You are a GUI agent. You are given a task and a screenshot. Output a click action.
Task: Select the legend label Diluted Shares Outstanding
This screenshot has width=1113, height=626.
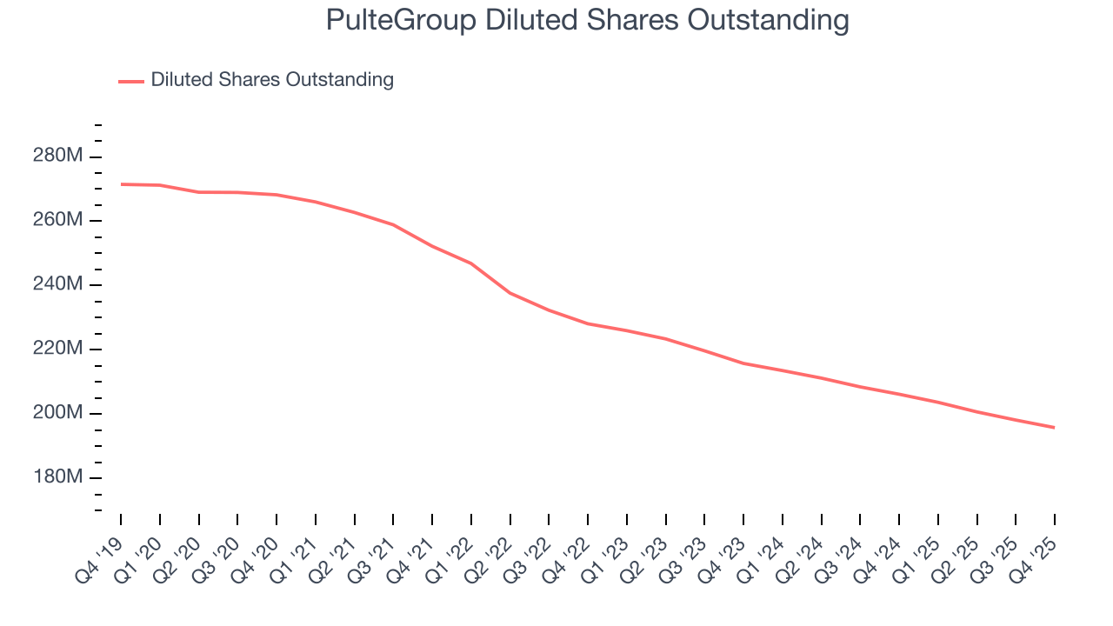(x=272, y=80)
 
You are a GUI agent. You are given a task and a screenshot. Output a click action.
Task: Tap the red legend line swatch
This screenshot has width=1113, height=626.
(x=131, y=81)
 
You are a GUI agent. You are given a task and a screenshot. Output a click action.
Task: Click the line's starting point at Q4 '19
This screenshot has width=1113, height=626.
(x=121, y=184)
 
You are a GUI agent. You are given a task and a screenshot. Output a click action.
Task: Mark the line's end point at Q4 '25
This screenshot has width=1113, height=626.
(x=1055, y=428)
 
